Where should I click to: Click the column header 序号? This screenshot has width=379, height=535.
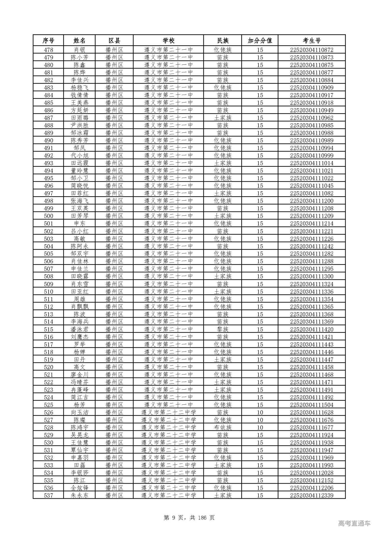[x=48, y=40]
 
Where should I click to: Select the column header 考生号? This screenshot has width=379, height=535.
[x=311, y=40]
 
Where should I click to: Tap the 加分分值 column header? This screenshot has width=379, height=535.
[x=260, y=40]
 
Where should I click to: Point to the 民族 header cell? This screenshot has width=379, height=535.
[x=223, y=40]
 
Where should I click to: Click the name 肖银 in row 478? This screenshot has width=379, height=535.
[x=79, y=50]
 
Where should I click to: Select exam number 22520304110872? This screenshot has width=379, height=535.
[x=311, y=50]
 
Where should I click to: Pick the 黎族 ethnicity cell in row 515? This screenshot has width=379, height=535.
[x=223, y=329]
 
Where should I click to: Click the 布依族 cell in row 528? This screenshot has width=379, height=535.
[x=223, y=427]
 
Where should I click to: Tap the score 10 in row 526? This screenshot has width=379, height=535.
[x=260, y=412]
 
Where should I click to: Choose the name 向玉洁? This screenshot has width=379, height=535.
[x=79, y=412]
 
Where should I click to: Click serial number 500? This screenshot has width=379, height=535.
[x=48, y=216]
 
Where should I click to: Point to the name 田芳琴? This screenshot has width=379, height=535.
[x=79, y=216]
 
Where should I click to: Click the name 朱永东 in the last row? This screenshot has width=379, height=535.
[x=79, y=495]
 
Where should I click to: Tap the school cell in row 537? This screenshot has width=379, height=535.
[x=168, y=495]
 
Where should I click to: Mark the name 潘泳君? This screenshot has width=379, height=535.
[x=79, y=329]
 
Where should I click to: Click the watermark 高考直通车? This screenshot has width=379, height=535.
[x=354, y=523]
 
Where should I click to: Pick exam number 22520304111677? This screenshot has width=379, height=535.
[x=311, y=427]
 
